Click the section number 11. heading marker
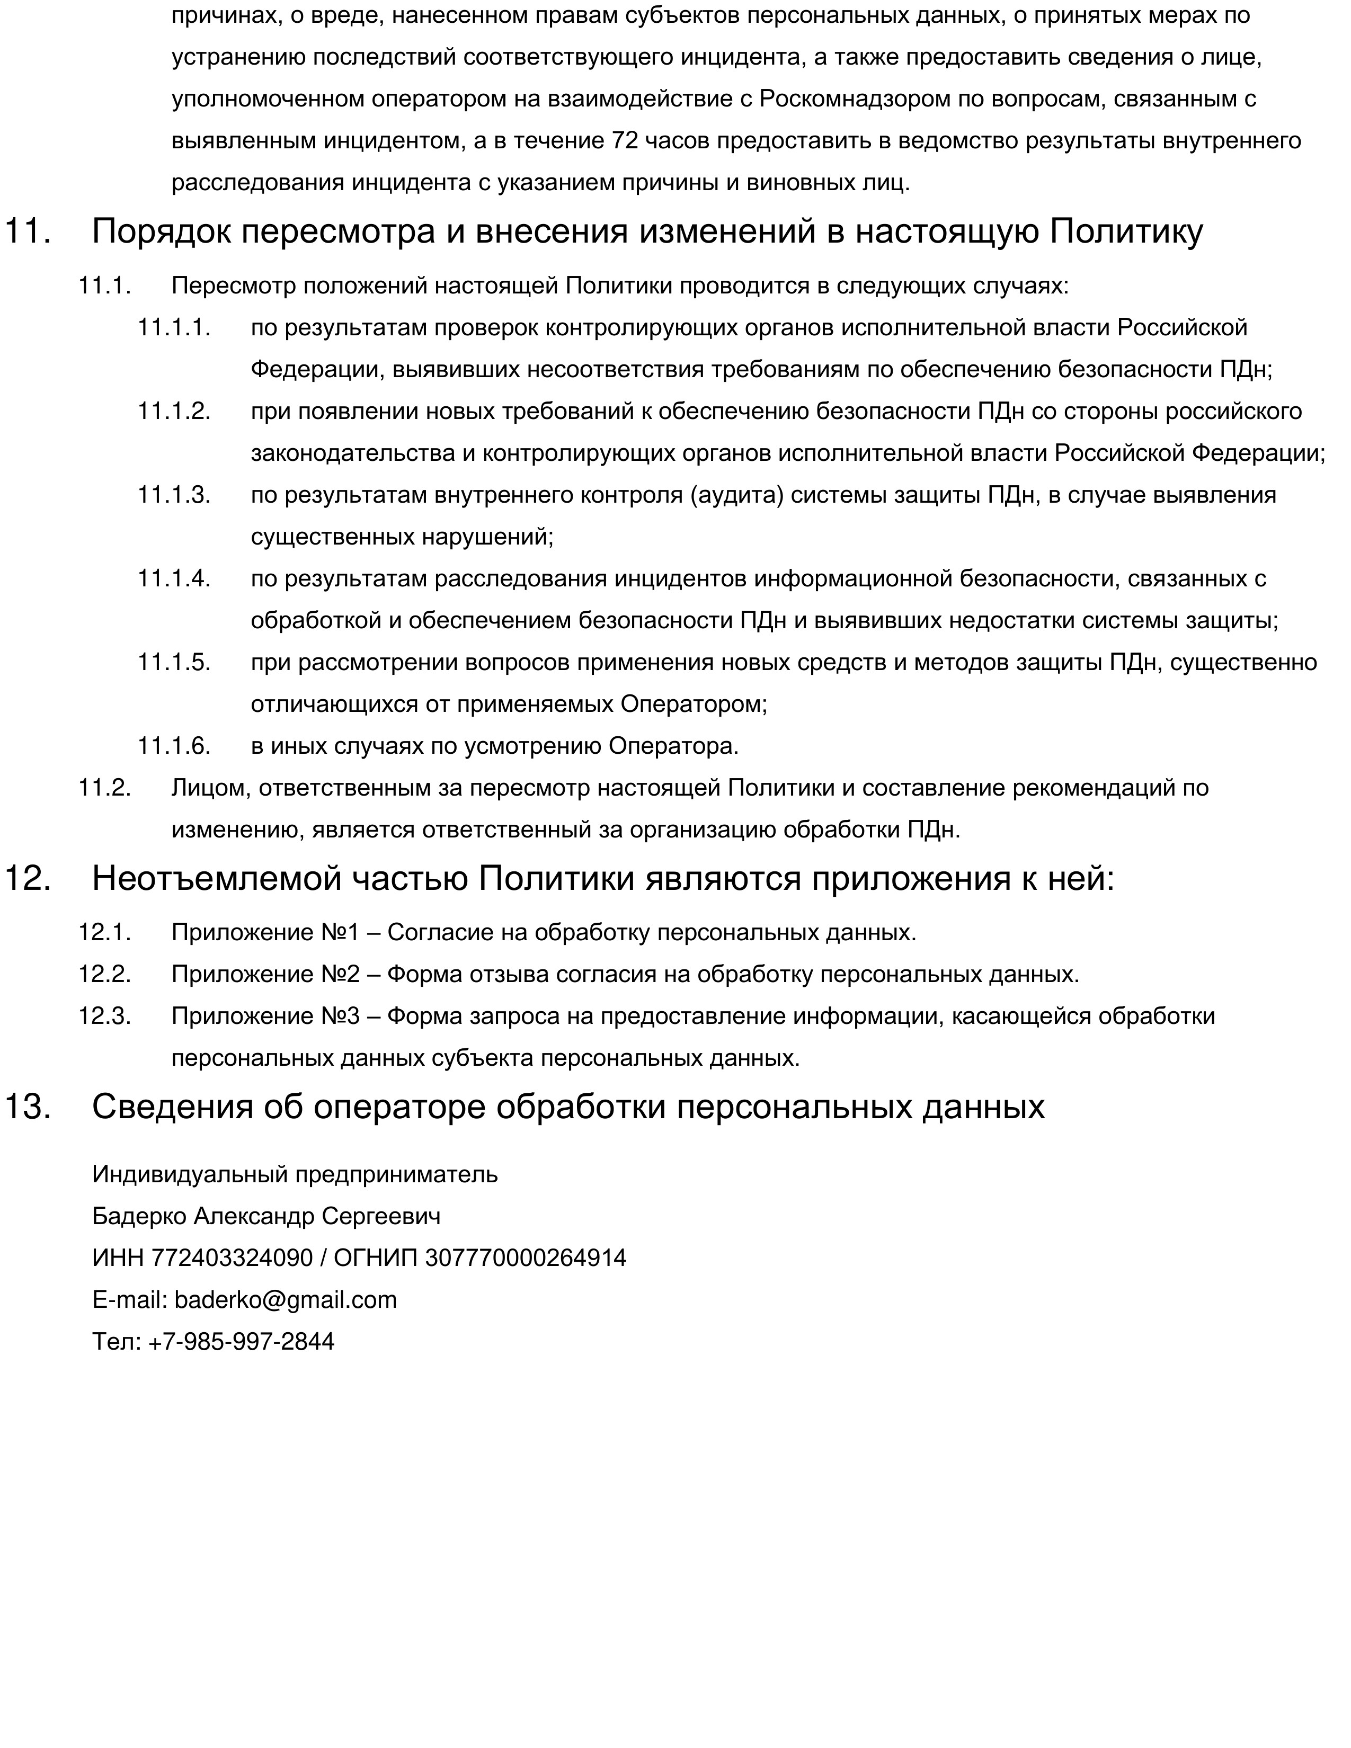coord(28,232)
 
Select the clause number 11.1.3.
coord(174,495)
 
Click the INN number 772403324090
coord(232,1258)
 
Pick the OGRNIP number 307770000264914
coord(525,1258)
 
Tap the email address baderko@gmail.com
coord(285,1300)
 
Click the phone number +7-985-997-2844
coord(241,1341)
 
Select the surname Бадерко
coord(139,1217)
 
